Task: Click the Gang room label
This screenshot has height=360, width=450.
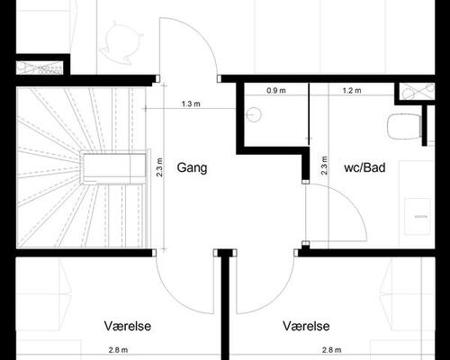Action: point(193,167)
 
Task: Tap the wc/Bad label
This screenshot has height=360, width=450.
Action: point(364,167)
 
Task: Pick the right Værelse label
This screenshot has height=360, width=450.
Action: point(306,326)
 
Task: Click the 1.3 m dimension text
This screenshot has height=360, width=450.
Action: point(190,104)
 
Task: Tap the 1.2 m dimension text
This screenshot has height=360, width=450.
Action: point(351,91)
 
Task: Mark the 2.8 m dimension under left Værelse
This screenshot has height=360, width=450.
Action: point(112,351)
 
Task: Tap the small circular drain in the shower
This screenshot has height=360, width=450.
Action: point(253,113)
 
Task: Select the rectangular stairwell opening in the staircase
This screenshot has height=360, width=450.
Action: point(113,167)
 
